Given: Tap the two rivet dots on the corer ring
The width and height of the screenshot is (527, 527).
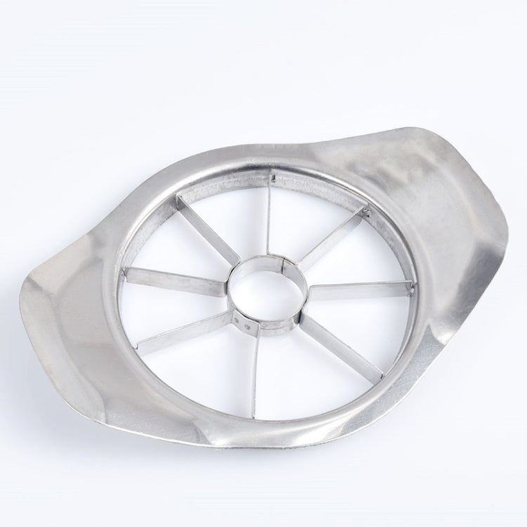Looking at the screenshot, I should (x=245, y=321).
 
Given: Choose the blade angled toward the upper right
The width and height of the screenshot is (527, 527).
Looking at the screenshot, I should (x=334, y=235).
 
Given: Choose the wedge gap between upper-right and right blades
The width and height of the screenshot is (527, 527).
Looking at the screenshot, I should (x=358, y=256).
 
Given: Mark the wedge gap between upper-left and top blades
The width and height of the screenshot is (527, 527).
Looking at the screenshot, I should (x=232, y=204).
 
